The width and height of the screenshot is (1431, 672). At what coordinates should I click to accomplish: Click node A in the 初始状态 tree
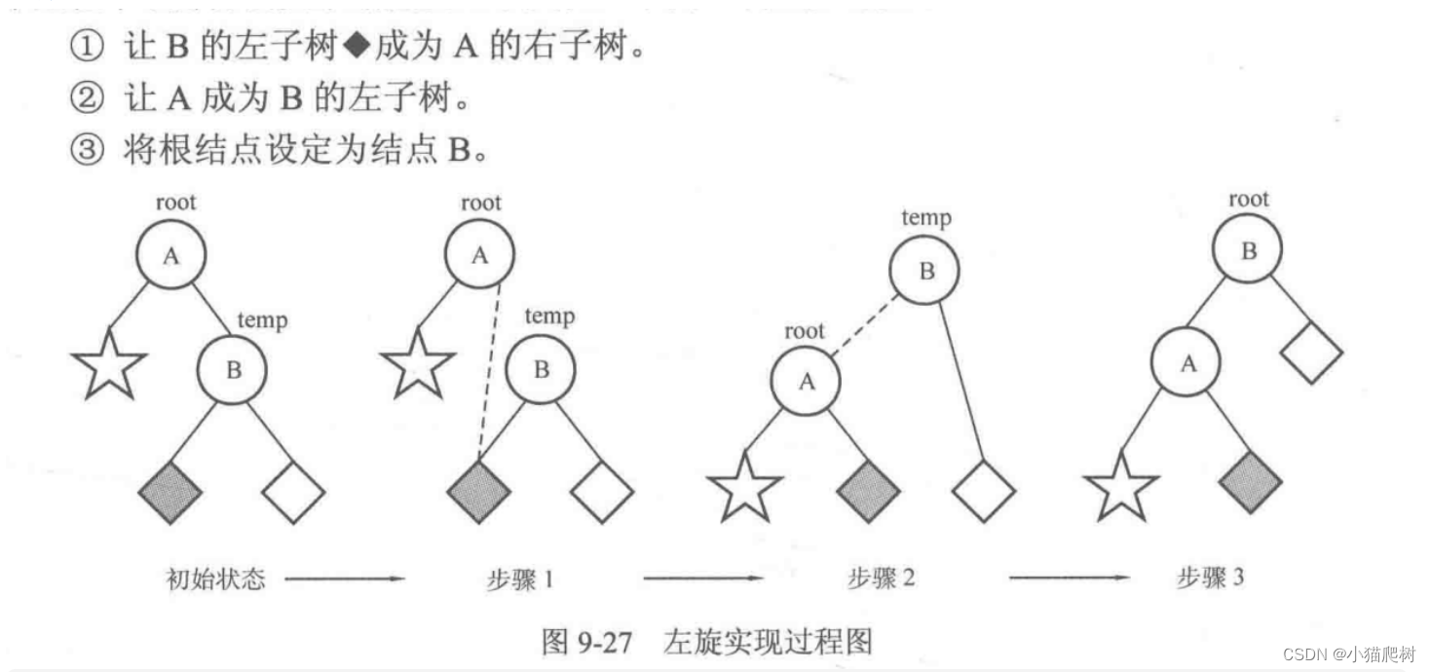[171, 255]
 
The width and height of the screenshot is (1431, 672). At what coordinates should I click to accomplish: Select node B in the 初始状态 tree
[233, 370]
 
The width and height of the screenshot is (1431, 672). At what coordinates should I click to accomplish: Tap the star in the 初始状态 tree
[109, 365]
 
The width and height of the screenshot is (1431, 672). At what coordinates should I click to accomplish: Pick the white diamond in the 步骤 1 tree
[602, 491]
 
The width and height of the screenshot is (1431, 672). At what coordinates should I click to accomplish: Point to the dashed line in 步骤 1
[489, 370]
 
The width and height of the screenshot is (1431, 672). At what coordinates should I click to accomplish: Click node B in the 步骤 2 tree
[925, 271]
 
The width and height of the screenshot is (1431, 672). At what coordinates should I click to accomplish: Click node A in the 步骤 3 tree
[1187, 364]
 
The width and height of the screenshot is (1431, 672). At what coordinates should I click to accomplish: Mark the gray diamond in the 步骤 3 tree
[1250, 480]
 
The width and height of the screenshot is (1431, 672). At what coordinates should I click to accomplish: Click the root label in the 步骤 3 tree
[1249, 200]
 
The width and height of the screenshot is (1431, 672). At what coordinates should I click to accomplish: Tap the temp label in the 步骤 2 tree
[925, 218]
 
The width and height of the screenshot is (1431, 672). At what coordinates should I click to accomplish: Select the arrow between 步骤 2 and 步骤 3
[1069, 579]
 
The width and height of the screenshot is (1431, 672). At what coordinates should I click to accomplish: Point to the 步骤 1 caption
[520, 579]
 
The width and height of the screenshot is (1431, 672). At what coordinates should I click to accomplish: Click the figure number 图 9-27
[587, 642]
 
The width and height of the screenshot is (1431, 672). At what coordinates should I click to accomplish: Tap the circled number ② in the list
[86, 98]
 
